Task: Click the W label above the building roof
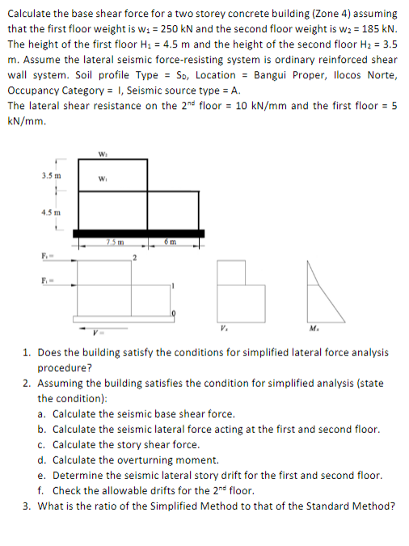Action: click(x=102, y=155)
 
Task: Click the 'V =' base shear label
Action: click(x=100, y=329)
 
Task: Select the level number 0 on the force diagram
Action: click(x=171, y=313)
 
